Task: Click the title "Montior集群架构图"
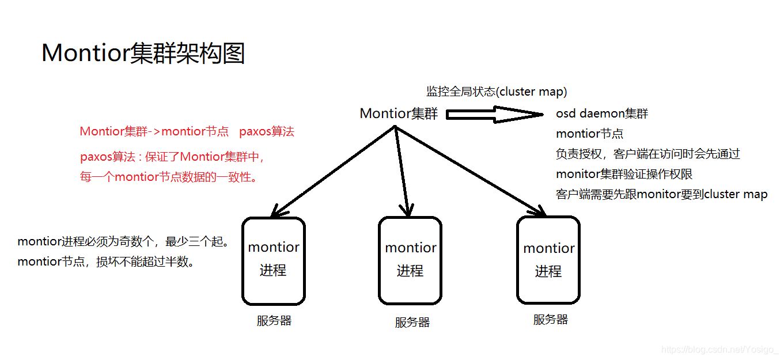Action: click(143, 54)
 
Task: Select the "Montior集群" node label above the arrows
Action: click(399, 113)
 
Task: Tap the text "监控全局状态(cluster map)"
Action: click(497, 91)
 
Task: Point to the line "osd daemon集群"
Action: click(602, 113)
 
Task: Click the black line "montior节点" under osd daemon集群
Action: click(589, 134)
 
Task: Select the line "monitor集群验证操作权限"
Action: click(623, 174)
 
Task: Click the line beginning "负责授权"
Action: click(647, 154)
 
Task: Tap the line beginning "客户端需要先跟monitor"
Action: click(661, 194)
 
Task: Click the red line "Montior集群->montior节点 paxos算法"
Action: click(187, 131)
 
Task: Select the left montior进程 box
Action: click(274, 261)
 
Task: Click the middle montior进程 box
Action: click(410, 261)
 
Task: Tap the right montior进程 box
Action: click(548, 261)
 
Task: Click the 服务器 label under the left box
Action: click(274, 321)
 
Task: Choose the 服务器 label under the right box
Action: click(550, 319)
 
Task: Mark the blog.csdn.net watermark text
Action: click(719, 349)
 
